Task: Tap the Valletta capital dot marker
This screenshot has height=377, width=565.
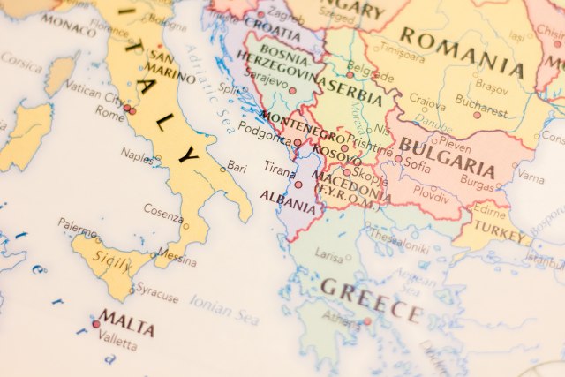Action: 96,324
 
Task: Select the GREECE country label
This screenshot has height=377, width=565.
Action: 372,298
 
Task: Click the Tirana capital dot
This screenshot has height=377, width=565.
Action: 298,185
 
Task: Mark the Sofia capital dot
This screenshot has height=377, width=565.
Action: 398,160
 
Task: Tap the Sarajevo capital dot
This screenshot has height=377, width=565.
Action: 292,91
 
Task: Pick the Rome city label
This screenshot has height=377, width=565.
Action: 109,114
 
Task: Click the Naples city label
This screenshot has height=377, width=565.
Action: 136,156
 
